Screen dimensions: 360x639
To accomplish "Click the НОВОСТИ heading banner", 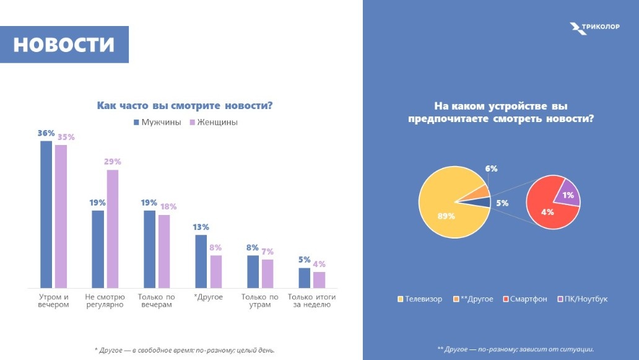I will tap(64, 45).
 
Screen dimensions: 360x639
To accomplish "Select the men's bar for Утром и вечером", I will tap(46, 214).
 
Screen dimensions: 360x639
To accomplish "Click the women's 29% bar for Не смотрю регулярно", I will tap(112, 228).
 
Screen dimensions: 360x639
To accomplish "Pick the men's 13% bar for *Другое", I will tap(201, 261).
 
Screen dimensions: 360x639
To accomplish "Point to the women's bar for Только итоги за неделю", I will tap(319, 279).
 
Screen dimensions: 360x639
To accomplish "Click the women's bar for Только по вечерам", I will tap(164, 251).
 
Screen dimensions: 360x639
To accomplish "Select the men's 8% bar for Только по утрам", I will tap(253, 271).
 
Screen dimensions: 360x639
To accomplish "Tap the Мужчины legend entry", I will tap(157, 122).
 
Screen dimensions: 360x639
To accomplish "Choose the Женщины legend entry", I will tap(213, 122).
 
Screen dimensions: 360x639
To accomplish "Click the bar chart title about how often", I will tap(185, 105).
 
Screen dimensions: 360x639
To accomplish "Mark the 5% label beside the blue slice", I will tap(502, 203).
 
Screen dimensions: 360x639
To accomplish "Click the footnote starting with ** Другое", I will tap(515, 349).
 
